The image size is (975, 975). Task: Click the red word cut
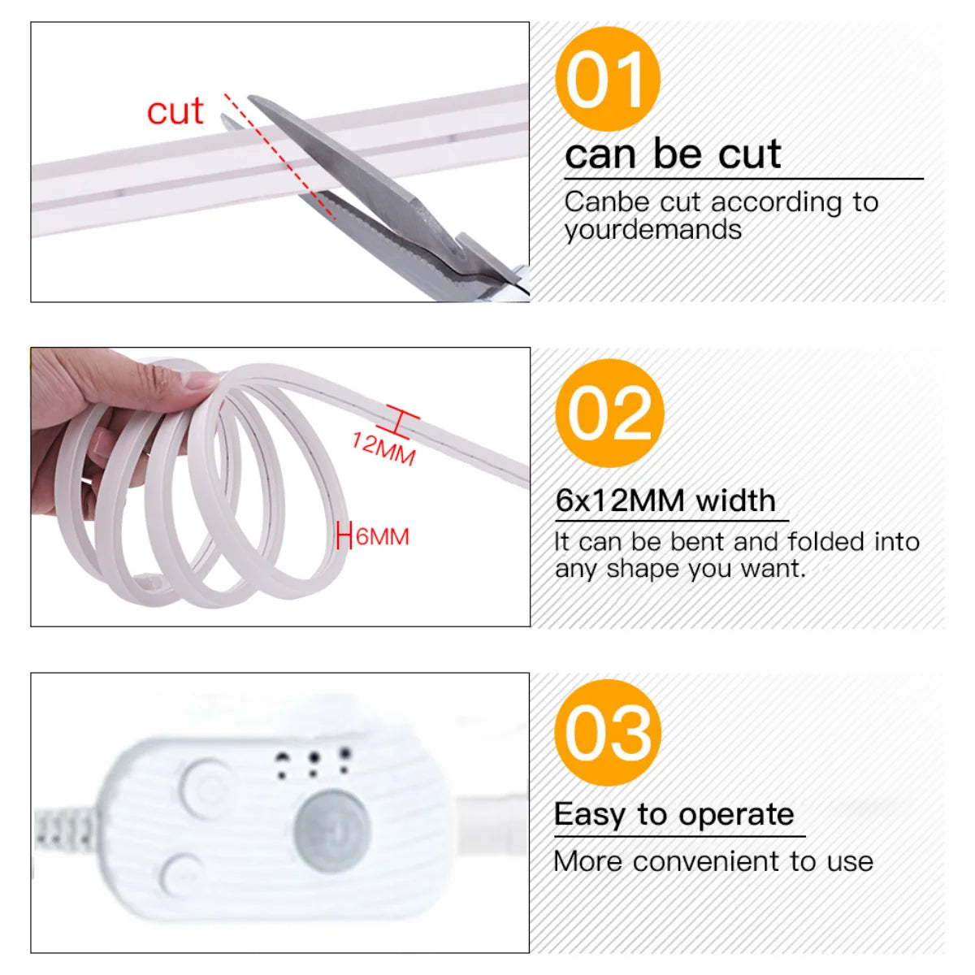[x=175, y=111]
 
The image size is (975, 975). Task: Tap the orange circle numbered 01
[x=607, y=79]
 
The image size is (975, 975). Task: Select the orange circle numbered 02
[x=609, y=413]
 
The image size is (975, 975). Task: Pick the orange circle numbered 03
[x=608, y=733]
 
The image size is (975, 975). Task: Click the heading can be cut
[x=673, y=154]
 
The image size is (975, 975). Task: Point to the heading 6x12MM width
[x=665, y=500]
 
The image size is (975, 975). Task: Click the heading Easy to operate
[x=674, y=814]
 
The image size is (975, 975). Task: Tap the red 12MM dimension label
[x=383, y=448]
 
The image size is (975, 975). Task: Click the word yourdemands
[x=652, y=230]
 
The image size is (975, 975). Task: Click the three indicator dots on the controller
[x=313, y=762]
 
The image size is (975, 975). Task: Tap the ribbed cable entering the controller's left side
[x=65, y=829]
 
